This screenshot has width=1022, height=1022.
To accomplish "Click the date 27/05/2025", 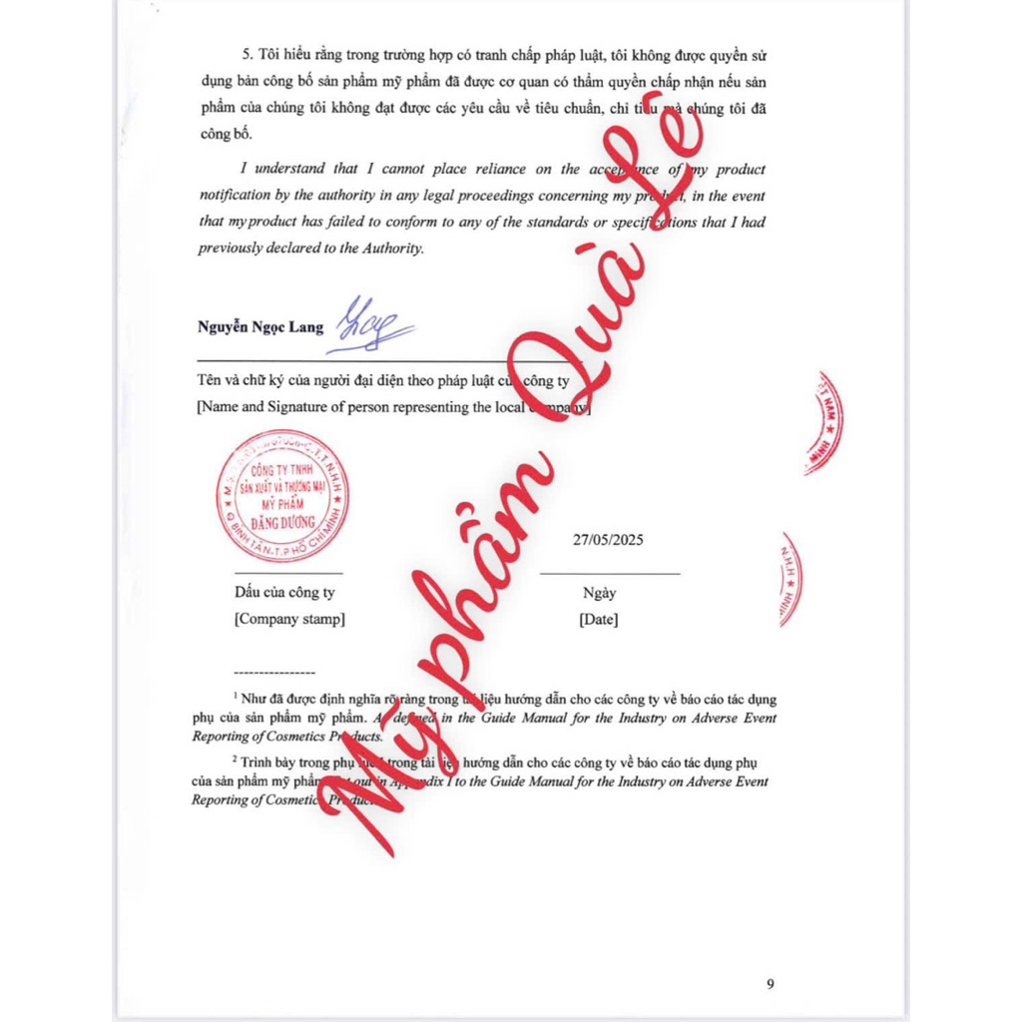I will click(x=608, y=540).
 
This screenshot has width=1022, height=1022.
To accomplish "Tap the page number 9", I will click(x=769, y=984).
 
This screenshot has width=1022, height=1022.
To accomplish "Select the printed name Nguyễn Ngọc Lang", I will click(x=259, y=327).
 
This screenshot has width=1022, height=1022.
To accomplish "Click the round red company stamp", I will click(x=283, y=496).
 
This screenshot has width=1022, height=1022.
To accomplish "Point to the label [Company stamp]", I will click(x=289, y=619).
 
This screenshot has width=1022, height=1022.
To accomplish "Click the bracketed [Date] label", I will click(x=598, y=619).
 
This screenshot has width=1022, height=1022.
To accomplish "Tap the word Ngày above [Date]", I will click(x=599, y=593).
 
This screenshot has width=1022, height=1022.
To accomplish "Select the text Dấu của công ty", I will click(x=284, y=593).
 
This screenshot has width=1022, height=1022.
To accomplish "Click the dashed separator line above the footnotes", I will click(x=273, y=675).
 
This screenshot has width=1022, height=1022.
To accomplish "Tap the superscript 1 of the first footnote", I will click(x=237, y=693).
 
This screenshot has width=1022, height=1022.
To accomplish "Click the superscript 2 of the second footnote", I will click(x=236, y=757).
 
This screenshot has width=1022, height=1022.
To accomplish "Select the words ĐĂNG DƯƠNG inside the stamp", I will click(x=283, y=521).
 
